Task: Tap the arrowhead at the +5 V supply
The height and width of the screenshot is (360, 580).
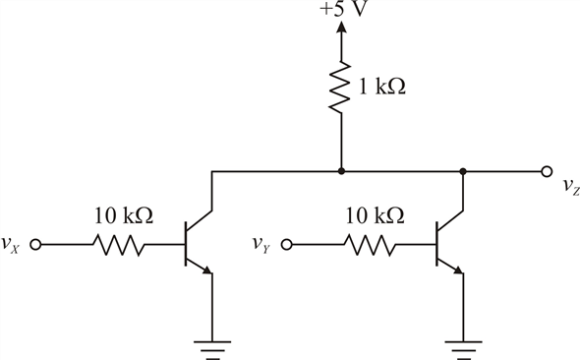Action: coord(341,30)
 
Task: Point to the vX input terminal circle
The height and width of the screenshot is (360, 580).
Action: coord(36,245)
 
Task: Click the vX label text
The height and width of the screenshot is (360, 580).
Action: coord(15,244)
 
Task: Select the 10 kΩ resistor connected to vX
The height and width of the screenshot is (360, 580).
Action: coord(118,245)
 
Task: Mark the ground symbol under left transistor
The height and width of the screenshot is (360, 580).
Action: coord(212,345)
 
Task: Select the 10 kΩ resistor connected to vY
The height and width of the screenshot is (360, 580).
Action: coord(369,245)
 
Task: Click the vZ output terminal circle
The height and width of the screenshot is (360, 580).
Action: coord(547,171)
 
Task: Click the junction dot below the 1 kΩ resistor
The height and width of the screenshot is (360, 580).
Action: coord(341,171)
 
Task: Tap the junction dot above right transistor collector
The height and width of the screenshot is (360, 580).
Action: coord(463,171)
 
